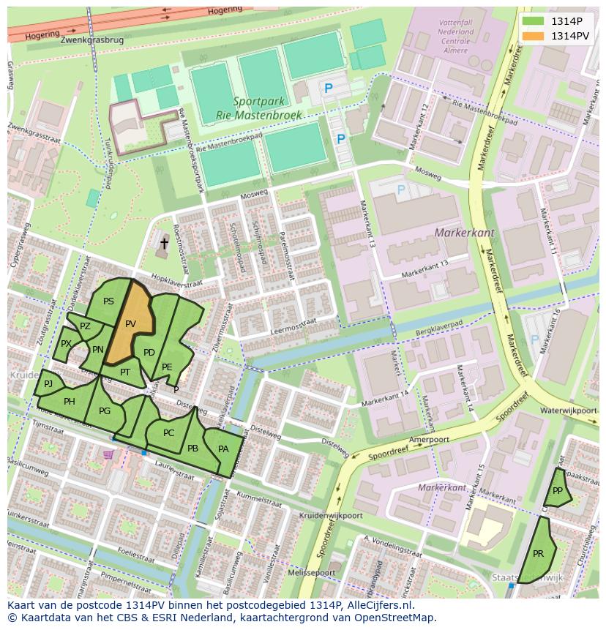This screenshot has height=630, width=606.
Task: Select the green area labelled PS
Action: [108, 301]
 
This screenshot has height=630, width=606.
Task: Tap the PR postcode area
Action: [538, 553]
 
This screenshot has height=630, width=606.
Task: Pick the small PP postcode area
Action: [558, 491]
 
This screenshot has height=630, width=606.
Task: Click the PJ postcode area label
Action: [48, 383]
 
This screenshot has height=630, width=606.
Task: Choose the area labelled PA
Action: [223, 449]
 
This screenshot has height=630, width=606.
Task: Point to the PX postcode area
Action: [66, 344]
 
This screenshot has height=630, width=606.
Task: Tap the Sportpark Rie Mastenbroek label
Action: [248, 108]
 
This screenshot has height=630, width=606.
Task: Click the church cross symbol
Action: [164, 244]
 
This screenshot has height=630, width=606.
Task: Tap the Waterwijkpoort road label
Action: [569, 410]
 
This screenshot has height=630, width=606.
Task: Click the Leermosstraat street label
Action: [293, 326]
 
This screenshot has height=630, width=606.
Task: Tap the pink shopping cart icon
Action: [109, 454]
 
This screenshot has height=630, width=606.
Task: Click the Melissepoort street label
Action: [313, 572]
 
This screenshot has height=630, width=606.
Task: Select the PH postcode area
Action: [70, 401]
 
